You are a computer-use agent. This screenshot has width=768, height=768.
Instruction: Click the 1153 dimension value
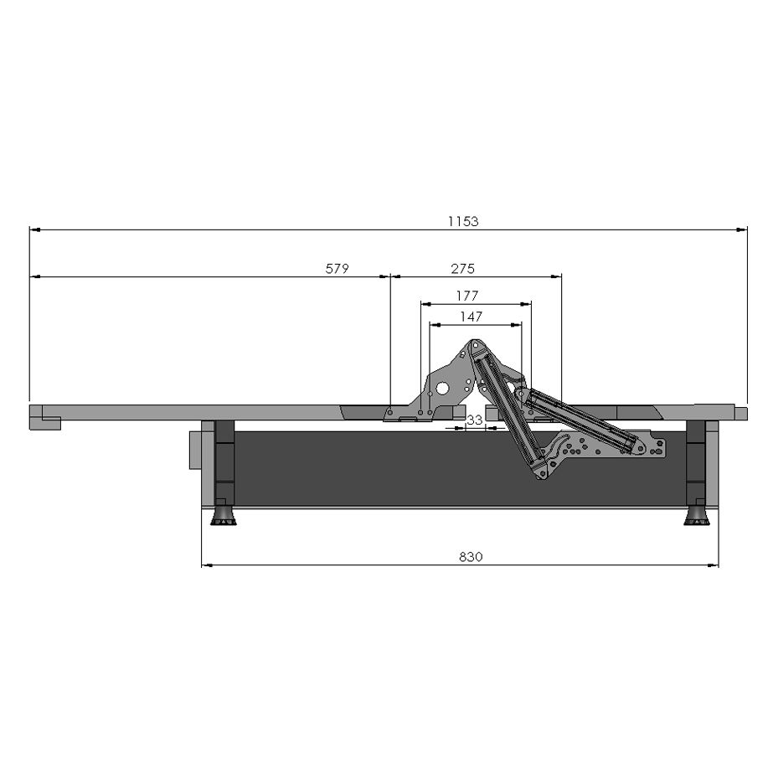point(463,221)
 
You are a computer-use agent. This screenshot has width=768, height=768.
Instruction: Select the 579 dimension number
point(337,268)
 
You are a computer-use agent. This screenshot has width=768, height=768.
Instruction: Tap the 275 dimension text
point(463,268)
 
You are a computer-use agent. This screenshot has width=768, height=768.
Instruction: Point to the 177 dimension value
point(466,296)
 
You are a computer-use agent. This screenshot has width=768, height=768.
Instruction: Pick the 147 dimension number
point(471,317)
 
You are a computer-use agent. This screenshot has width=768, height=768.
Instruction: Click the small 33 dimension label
point(475,420)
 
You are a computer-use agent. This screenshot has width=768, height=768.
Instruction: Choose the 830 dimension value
point(471,557)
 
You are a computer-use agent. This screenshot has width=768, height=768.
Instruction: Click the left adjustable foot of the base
point(224,516)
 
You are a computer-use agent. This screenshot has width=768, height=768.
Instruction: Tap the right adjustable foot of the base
point(697,516)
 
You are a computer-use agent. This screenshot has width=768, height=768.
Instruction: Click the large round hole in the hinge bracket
point(442,389)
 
